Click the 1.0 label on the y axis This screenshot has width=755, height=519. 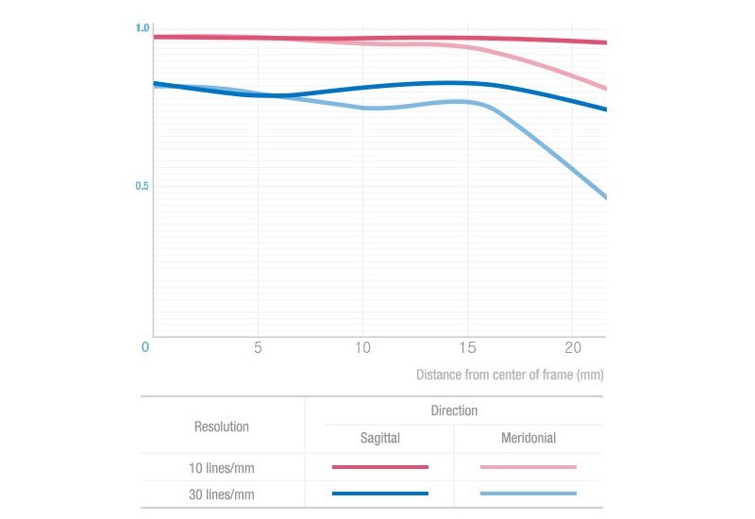pyautogui.click(x=143, y=28)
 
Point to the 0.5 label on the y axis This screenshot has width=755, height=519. pyautogui.click(x=143, y=186)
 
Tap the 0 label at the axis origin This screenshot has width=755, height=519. pyautogui.click(x=145, y=347)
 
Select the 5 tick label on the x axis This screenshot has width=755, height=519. pyautogui.click(x=257, y=347)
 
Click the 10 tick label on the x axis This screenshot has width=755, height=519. pyautogui.click(x=362, y=347)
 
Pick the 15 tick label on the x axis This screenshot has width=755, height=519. pyautogui.click(x=467, y=347)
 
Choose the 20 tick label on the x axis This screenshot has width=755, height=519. pyautogui.click(x=573, y=347)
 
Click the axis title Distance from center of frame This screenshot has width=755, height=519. pyautogui.click(x=510, y=375)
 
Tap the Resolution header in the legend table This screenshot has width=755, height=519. pyautogui.click(x=222, y=427)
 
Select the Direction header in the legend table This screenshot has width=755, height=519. pyautogui.click(x=454, y=411)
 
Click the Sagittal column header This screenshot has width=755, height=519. pyautogui.click(x=379, y=439)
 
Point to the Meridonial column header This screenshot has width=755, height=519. pyautogui.click(x=528, y=439)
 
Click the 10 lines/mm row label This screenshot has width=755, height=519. pyautogui.click(x=222, y=467)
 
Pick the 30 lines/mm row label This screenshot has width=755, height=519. pyautogui.click(x=222, y=494)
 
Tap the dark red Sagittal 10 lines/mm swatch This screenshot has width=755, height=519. pyautogui.click(x=379, y=466)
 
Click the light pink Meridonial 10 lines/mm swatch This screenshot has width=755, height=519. pyautogui.click(x=528, y=466)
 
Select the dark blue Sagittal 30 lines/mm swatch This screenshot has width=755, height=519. pyautogui.click(x=379, y=493)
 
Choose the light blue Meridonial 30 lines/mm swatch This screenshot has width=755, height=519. pyautogui.click(x=528, y=493)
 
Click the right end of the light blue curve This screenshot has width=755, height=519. pyautogui.click(x=604, y=197)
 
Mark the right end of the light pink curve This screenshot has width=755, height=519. pyautogui.click(x=604, y=89)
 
